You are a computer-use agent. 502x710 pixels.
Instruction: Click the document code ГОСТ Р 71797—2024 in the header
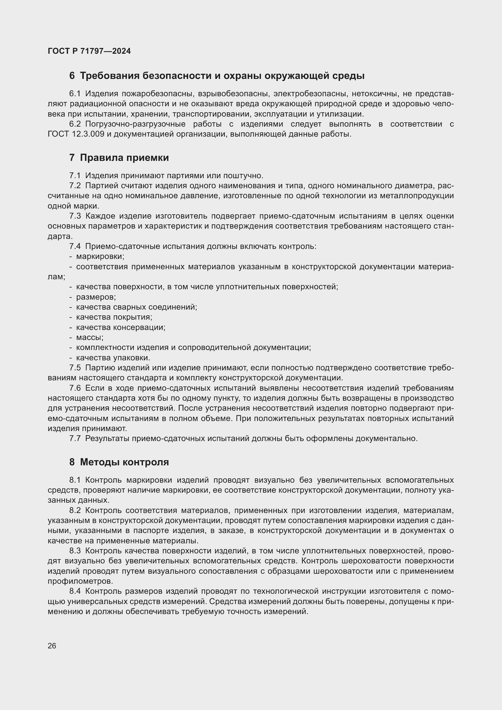(x=89, y=51)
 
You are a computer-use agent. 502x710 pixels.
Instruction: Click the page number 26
(x=52, y=646)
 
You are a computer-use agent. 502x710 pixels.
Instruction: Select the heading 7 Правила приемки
(x=119, y=158)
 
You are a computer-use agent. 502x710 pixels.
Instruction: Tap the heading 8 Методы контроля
(x=119, y=462)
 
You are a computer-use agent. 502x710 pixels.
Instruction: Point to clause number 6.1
(x=75, y=94)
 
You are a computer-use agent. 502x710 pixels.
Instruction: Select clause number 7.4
(x=75, y=246)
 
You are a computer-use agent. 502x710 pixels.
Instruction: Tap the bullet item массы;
(x=90, y=337)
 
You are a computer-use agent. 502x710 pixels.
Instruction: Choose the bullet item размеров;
(x=96, y=297)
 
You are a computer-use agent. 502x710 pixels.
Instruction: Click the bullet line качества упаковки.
(x=113, y=358)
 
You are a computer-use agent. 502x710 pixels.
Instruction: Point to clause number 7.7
(x=75, y=439)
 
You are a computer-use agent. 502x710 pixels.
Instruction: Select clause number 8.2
(x=75, y=510)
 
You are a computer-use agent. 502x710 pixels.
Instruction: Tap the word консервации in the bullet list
(x=139, y=327)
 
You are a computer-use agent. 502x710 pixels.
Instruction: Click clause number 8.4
(x=75, y=591)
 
